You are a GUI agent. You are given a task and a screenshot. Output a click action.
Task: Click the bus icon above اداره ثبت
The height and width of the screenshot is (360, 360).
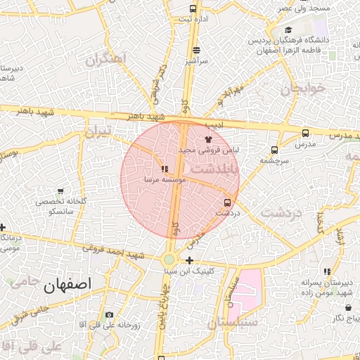pos(193,9)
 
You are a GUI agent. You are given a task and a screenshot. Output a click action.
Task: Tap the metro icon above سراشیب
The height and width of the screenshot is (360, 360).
pos(195,50)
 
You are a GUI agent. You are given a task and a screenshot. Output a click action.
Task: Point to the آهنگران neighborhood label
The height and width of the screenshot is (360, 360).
pos(105,58)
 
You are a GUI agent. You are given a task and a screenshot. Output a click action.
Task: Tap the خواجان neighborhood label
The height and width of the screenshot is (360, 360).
pos(304,89)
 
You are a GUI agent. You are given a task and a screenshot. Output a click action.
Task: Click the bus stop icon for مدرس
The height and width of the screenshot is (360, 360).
pos(305,133)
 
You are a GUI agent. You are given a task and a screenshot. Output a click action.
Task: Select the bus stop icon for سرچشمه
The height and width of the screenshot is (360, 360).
pos(274,149)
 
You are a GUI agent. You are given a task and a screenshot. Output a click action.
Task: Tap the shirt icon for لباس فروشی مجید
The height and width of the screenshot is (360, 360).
pos(207,140)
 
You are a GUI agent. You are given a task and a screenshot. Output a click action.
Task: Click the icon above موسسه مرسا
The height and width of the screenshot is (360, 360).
pos(165,169)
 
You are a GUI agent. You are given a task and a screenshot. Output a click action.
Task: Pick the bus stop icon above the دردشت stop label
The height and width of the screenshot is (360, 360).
pos(226,202)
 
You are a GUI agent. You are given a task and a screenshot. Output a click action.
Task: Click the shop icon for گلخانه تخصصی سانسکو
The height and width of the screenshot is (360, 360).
pos(60,191)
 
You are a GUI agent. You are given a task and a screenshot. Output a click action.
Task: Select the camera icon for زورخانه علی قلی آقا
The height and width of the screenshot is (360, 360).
pos(109,314)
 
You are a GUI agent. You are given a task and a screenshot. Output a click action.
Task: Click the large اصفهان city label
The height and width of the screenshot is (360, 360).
pos(67,285)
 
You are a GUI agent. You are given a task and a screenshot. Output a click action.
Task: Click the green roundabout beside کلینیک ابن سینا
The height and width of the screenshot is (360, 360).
pos(169,259)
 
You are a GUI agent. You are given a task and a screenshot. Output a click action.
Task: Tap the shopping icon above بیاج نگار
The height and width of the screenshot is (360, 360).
pos(348,307)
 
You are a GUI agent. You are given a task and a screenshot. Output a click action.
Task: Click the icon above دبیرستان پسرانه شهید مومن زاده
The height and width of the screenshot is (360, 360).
pos(327,271)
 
